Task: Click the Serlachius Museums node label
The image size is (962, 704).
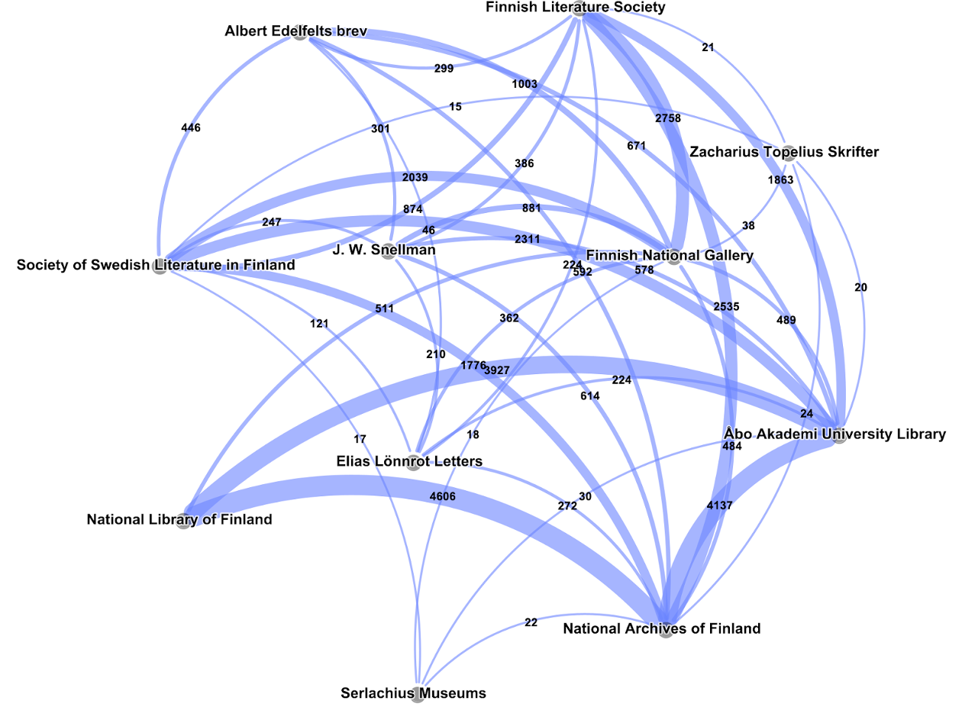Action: [x=413, y=693]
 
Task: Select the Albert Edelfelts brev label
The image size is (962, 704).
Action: [x=296, y=31]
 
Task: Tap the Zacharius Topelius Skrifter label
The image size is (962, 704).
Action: [x=784, y=152]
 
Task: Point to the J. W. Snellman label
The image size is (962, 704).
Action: [x=384, y=250]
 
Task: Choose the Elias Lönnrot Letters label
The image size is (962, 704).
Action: [x=409, y=461]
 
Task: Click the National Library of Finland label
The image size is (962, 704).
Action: [x=179, y=520]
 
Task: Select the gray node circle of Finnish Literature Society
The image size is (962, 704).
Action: [x=579, y=9]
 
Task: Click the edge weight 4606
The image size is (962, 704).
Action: [x=443, y=496]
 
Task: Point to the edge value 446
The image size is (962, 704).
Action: [x=191, y=128]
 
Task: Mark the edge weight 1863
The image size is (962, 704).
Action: [x=781, y=180]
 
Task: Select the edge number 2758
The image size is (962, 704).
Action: [x=667, y=118]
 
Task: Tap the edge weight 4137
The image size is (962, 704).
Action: [x=720, y=505]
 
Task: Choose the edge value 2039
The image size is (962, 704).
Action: [x=415, y=177]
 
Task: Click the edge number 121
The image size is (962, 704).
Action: [x=319, y=324]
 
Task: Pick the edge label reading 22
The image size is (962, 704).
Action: [x=531, y=622]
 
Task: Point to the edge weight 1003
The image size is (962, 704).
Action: [x=525, y=84]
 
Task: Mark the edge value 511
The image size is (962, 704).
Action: [x=384, y=308]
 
